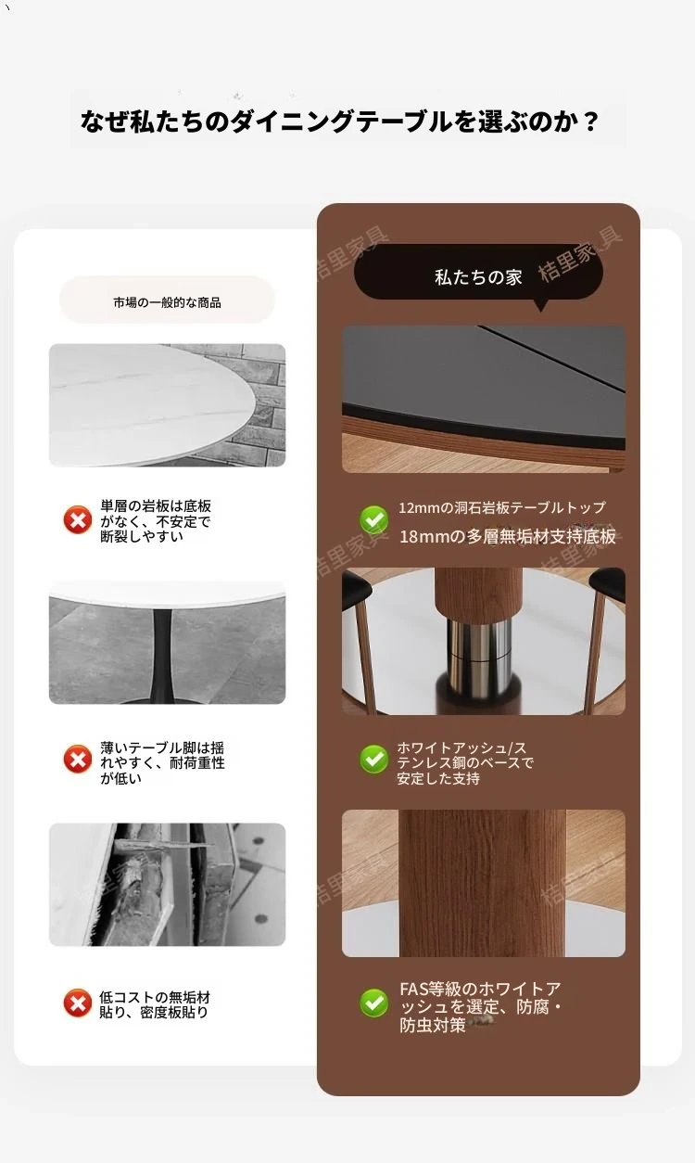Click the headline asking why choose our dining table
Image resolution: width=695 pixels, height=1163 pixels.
click(340, 121)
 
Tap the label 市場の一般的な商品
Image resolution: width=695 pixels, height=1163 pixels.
click(167, 302)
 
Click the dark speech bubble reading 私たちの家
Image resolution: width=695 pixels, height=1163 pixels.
click(478, 272)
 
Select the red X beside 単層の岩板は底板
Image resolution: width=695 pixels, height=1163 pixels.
click(78, 519)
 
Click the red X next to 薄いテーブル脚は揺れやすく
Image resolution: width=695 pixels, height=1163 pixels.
click(78, 759)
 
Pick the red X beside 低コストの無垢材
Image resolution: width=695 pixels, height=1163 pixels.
click(78, 1003)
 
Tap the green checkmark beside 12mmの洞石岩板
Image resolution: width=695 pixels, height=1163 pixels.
click(374, 519)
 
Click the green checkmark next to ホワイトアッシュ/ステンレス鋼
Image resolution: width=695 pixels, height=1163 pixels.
click(374, 759)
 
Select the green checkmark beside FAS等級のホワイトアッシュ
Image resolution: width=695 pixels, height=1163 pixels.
click(374, 1003)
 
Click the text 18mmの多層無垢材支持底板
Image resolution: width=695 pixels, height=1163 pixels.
click(508, 536)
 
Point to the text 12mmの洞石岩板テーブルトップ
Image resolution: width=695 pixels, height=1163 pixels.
click(502, 508)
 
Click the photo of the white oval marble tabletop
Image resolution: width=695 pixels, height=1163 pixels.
click(167, 405)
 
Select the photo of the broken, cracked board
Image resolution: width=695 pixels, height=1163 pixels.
click(167, 884)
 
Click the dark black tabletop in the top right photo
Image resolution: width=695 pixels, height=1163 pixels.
click(484, 370)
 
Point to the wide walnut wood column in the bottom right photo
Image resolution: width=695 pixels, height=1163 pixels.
click(483, 883)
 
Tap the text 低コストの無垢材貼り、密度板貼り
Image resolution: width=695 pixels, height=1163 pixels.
click(155, 1005)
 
